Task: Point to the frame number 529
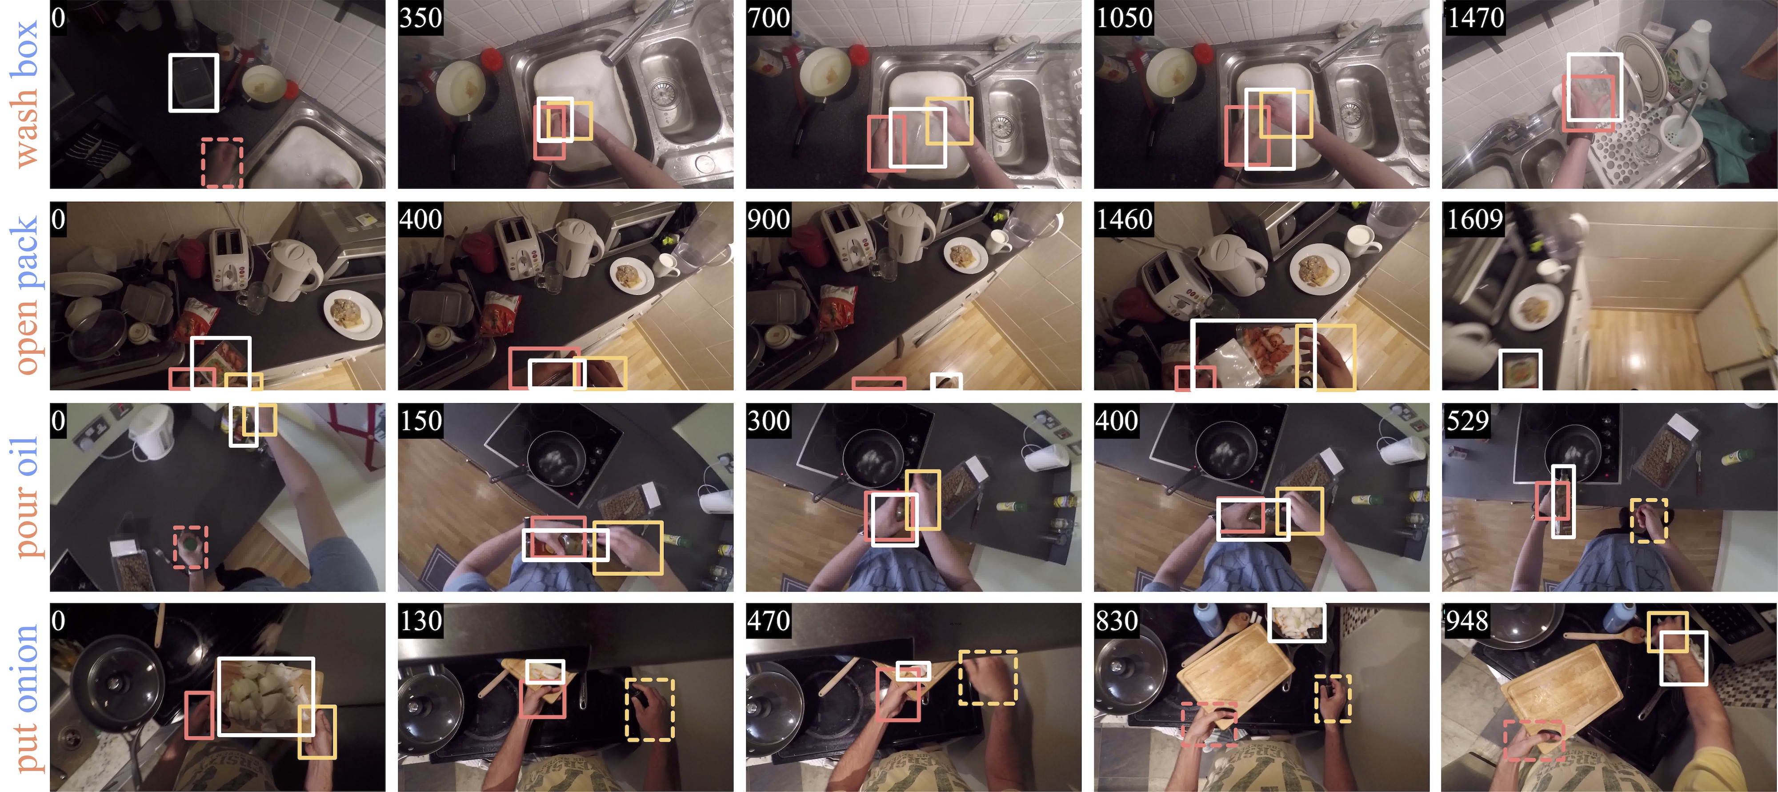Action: (x=1467, y=421)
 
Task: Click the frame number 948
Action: (x=1467, y=621)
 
